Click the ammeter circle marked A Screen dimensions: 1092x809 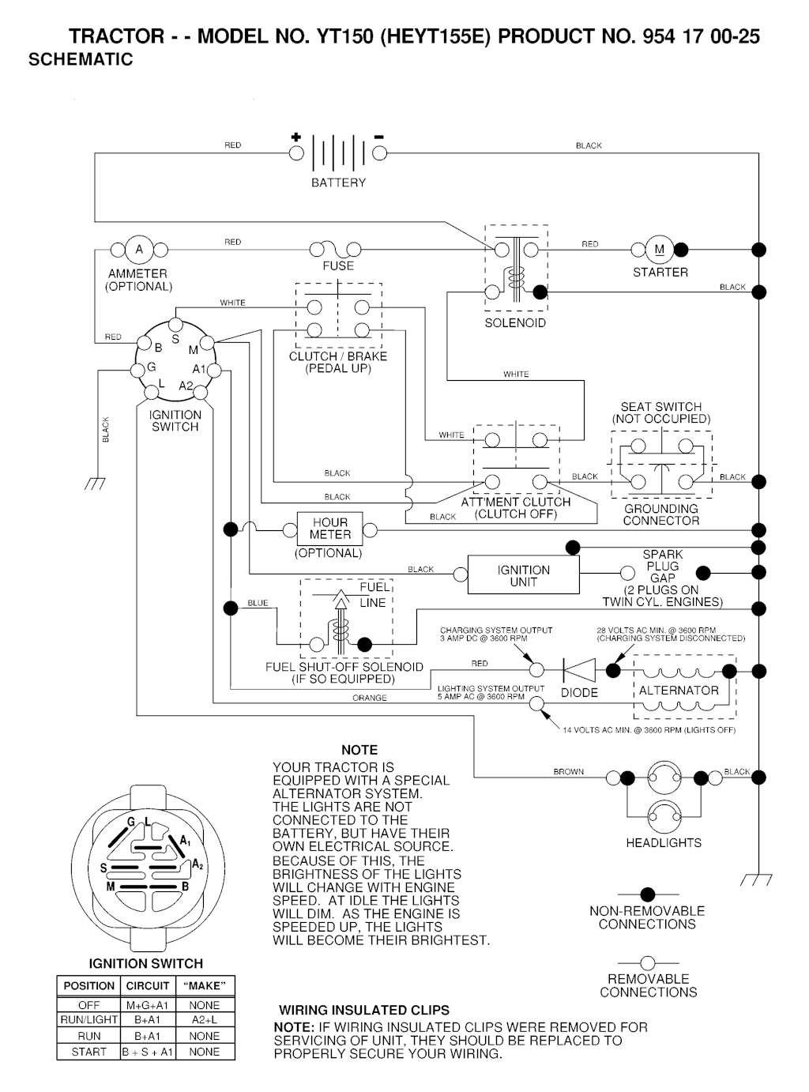139,250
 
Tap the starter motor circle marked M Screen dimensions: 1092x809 659,250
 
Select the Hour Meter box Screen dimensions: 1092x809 329,529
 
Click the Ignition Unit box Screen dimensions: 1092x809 523,575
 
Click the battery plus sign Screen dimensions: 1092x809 296,137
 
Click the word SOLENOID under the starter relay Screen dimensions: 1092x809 515,323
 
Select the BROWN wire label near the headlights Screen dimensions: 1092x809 569,772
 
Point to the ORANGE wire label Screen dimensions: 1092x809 370,699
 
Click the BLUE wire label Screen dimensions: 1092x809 258,604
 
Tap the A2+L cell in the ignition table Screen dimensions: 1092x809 204,1020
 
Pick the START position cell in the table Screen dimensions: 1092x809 88,1052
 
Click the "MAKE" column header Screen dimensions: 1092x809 204,986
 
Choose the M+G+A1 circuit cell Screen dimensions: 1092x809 148,1005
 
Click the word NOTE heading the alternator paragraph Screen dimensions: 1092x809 359,750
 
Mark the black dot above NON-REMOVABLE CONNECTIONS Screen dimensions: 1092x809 648,894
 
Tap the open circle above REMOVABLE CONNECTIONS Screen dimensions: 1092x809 648,962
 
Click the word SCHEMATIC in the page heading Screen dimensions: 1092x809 81,59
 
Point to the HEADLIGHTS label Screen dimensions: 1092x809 664,843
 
